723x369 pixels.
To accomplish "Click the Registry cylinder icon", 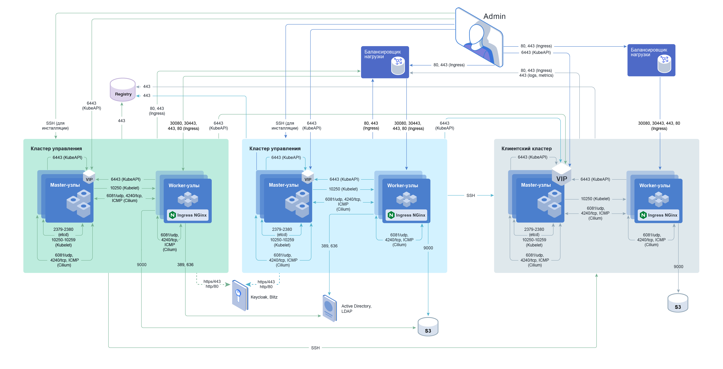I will click(123, 90).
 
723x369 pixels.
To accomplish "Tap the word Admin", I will click(494, 16).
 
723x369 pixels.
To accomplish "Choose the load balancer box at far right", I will click(651, 60).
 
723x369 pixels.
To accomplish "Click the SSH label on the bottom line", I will click(315, 348).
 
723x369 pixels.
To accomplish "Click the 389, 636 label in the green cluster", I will click(185, 264).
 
